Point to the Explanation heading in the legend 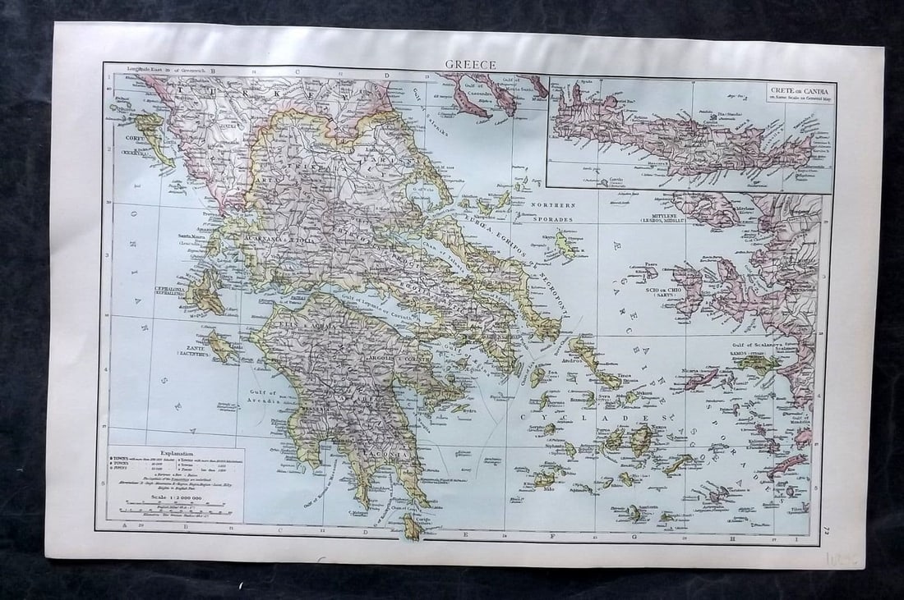pos(176,451)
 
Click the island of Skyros pos(565,245)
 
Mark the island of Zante pos(221,347)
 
